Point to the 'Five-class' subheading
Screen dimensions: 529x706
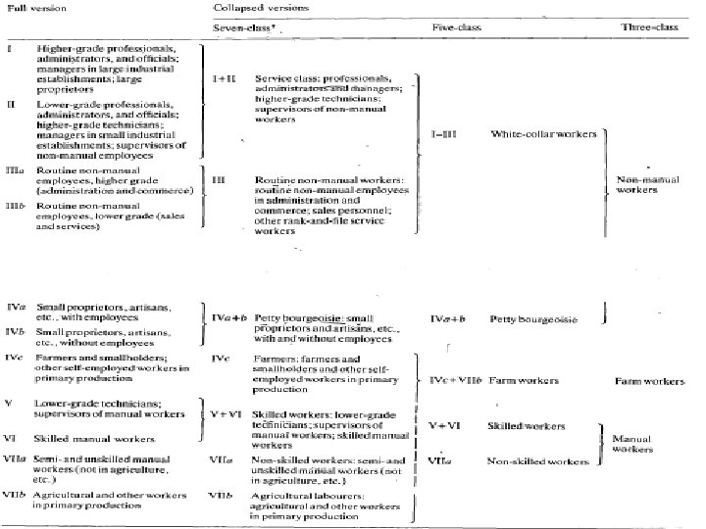[453, 30]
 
